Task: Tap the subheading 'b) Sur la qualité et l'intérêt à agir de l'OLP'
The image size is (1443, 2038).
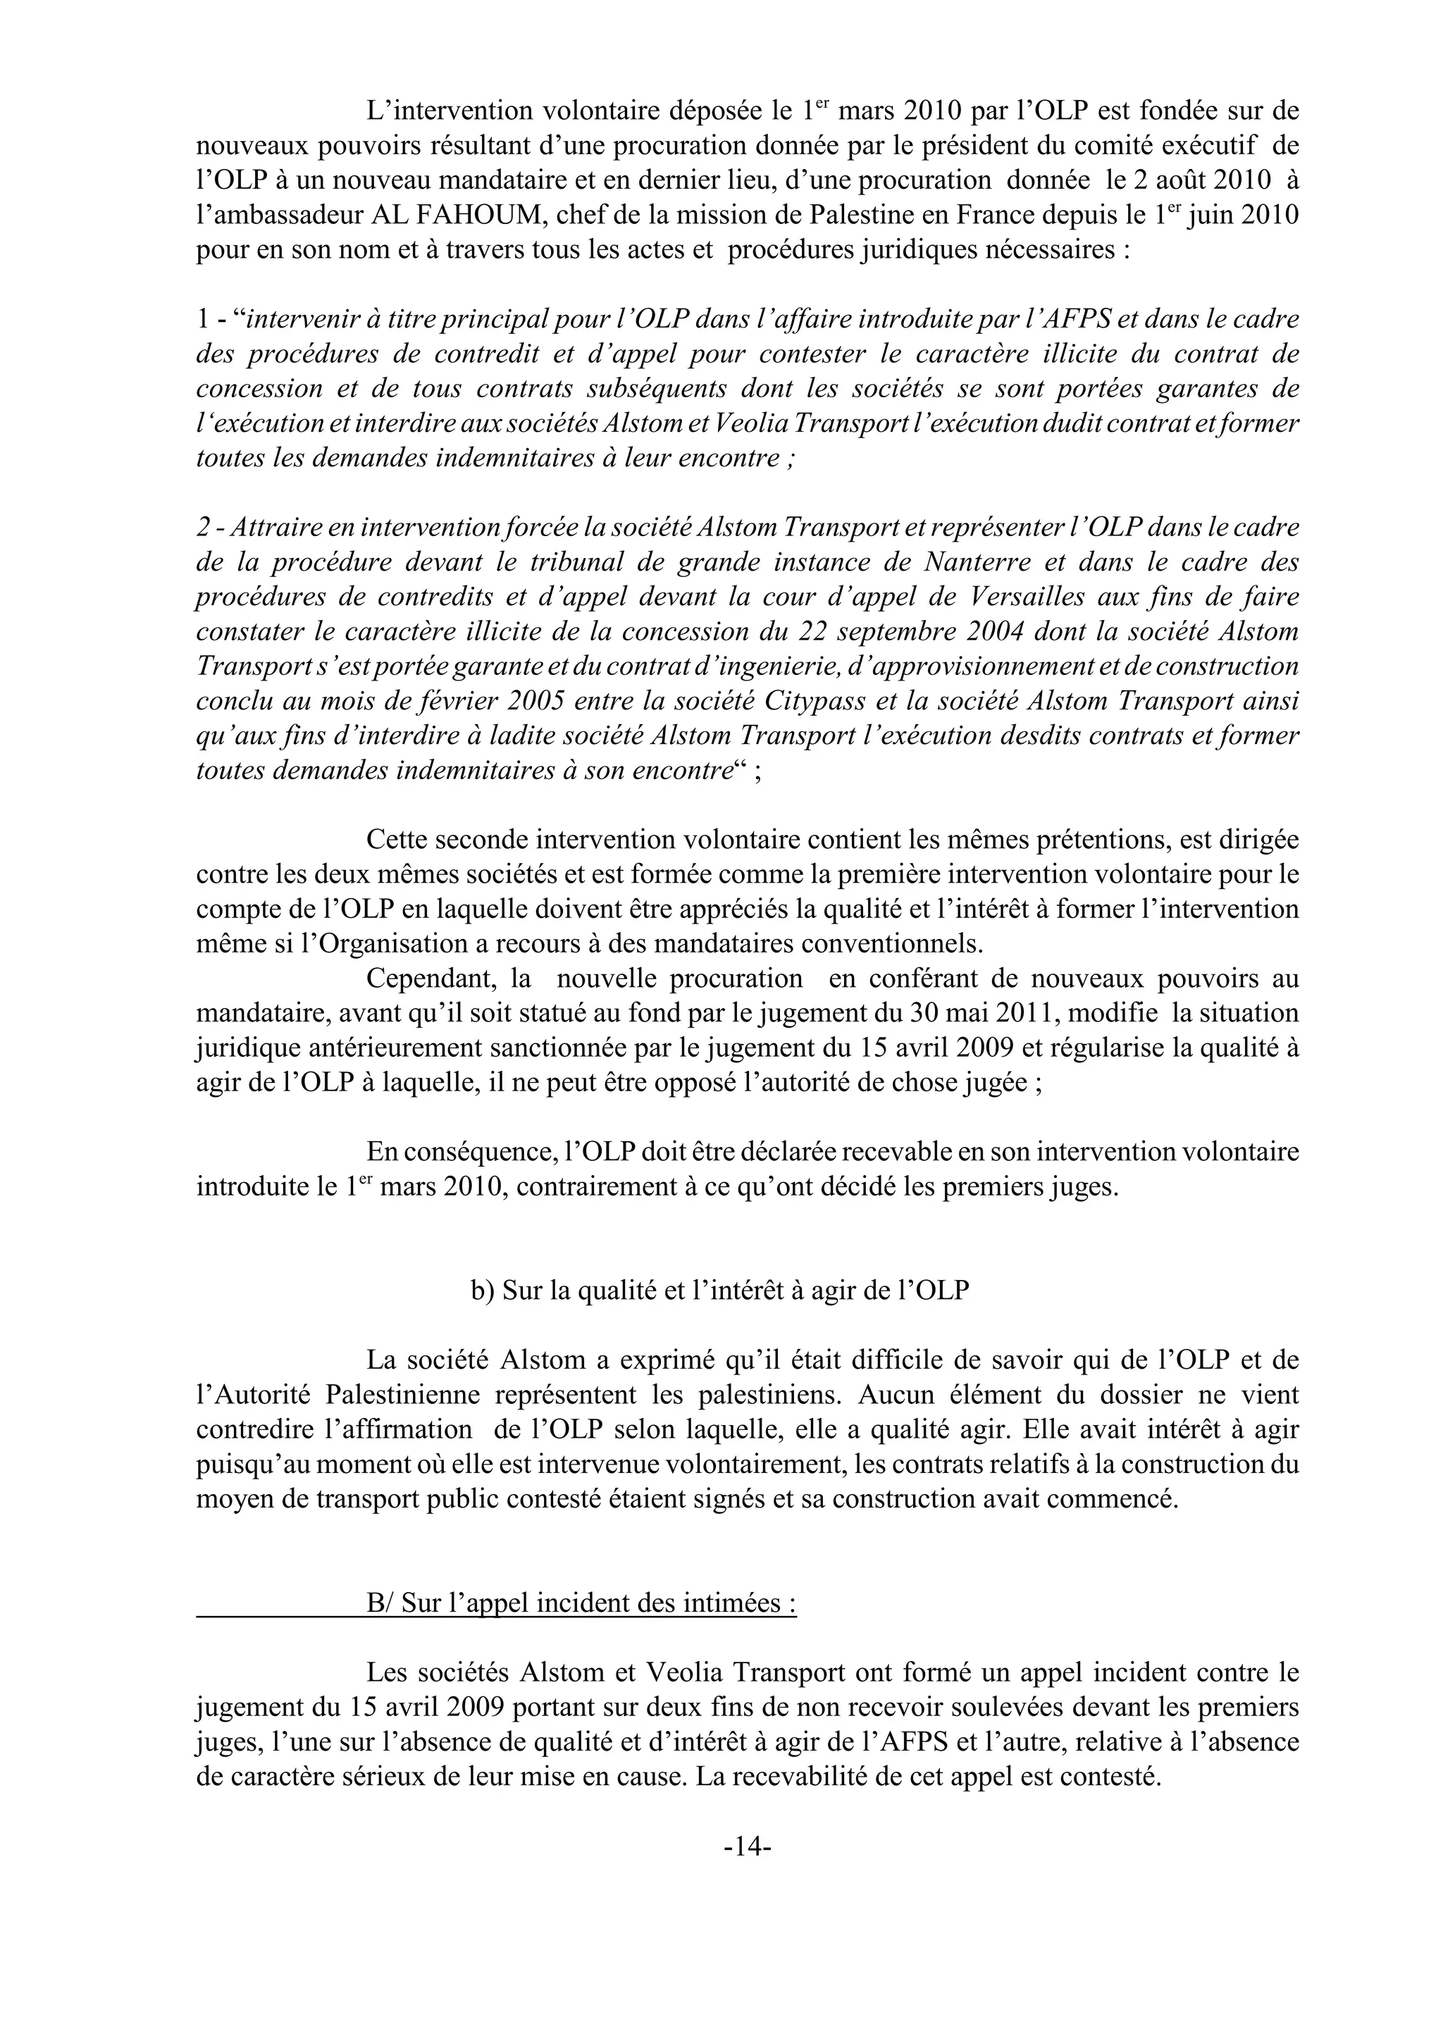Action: tap(719, 1291)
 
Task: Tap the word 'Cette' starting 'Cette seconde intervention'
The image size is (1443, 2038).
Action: tap(395, 840)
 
